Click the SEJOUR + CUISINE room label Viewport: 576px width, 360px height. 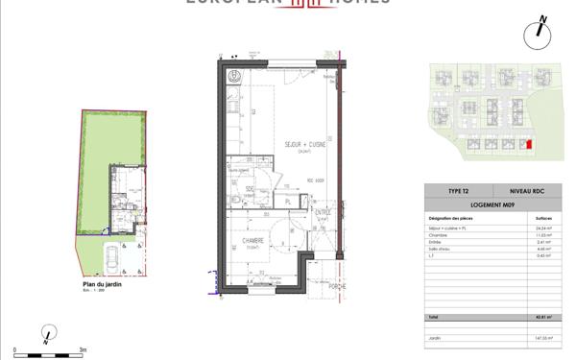305,145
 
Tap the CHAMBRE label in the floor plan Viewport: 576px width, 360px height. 253,241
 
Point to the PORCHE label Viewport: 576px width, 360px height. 335,285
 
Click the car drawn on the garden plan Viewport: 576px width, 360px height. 111,257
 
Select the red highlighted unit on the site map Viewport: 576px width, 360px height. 525,144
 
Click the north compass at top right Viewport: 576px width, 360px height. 539,33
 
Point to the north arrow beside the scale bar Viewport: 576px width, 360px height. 45,335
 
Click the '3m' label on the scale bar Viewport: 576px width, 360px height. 84,350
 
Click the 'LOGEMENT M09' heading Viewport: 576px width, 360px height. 492,204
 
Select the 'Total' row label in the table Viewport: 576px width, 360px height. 433,318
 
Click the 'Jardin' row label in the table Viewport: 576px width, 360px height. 434,339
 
